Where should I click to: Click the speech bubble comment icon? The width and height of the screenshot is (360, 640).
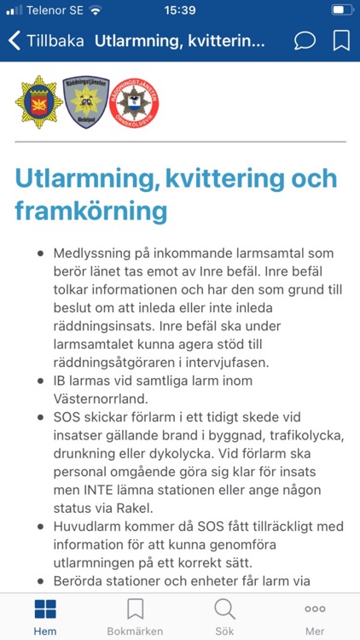[304, 40]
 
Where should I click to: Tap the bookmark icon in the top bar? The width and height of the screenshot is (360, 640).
[341, 40]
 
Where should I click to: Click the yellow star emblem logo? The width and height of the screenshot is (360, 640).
[38, 102]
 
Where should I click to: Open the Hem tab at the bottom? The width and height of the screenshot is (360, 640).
[44, 615]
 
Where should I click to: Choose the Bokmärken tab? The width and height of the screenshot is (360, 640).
[135, 615]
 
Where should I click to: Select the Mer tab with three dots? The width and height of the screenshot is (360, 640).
[315, 615]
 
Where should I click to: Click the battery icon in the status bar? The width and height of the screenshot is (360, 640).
[341, 10]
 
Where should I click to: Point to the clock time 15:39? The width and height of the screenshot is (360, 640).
[181, 10]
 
